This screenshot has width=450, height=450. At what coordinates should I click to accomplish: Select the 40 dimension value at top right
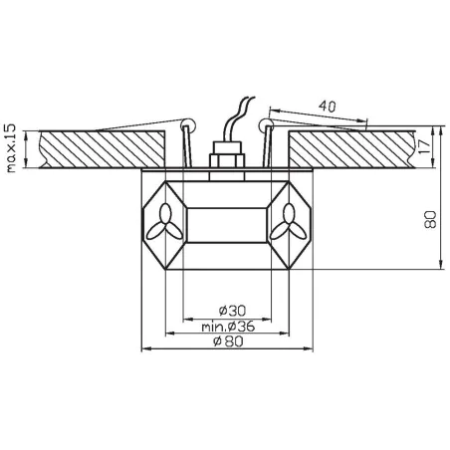pyautogui.click(x=330, y=104)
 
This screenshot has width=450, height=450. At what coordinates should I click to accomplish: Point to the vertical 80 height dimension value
pyautogui.click(x=430, y=221)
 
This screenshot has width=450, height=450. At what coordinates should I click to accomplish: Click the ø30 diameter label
pyautogui.click(x=225, y=311)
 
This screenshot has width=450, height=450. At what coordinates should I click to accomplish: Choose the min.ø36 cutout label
pyautogui.click(x=225, y=328)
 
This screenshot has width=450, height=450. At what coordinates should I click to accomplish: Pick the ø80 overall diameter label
pyautogui.click(x=225, y=342)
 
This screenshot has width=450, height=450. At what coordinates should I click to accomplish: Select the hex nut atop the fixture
pyautogui.click(x=225, y=159)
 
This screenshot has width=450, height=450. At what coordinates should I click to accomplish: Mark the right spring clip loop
pyautogui.click(x=264, y=124)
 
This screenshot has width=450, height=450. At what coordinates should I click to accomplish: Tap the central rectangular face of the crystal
pyautogui.click(x=225, y=222)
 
